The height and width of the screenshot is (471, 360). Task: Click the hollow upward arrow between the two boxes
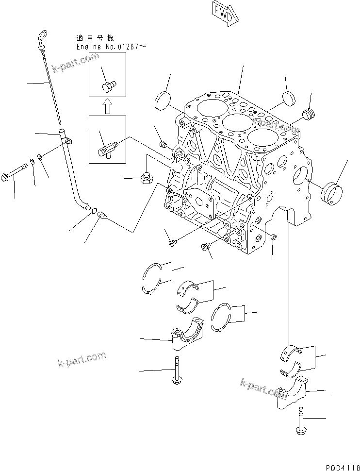[107, 106]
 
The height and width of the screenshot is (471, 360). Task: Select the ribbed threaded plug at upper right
[309, 116]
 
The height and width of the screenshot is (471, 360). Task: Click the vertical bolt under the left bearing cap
[177, 371]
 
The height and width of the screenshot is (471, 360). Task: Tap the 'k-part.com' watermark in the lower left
[82, 359]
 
